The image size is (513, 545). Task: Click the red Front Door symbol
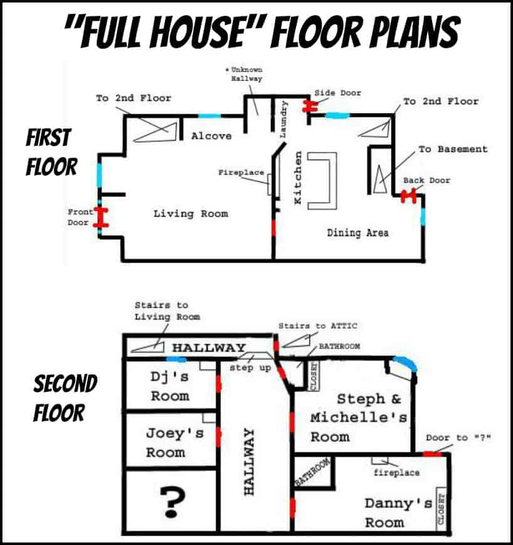[x=101, y=217]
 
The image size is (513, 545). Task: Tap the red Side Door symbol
[x=310, y=107]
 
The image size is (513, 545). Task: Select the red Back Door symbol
[x=408, y=196]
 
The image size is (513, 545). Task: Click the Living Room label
[x=191, y=213]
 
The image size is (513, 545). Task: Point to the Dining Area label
[x=358, y=232]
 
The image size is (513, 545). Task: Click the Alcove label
[x=211, y=136]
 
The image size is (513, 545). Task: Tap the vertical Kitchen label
[x=298, y=178]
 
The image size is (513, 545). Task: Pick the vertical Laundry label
[x=283, y=119]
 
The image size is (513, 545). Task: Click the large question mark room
[x=173, y=502]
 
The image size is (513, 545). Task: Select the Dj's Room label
[x=170, y=386]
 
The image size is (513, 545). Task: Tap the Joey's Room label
[x=174, y=443]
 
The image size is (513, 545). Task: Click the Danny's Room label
[x=398, y=513]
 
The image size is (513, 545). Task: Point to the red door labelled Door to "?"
[x=432, y=453]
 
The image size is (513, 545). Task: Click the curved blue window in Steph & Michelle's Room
[x=404, y=362]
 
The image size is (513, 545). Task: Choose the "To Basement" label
[x=453, y=149]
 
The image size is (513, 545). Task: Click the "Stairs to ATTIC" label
[x=317, y=326]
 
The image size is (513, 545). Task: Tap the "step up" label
[x=250, y=367]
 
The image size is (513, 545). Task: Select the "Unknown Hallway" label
[x=245, y=74]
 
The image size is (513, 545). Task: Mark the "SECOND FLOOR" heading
[x=65, y=398]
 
